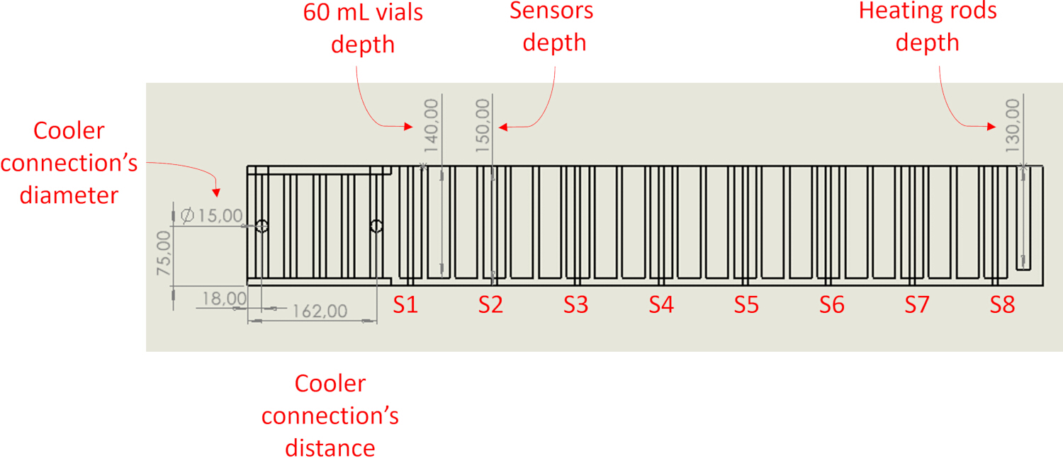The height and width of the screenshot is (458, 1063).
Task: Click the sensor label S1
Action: [405, 304]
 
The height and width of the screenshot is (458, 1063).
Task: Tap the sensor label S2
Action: [490, 304]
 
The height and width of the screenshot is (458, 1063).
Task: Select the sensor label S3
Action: [575, 304]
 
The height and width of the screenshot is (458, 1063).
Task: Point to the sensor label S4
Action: [661, 304]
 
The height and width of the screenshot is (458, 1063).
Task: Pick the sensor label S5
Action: [746, 304]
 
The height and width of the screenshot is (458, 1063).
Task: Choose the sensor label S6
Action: [831, 304]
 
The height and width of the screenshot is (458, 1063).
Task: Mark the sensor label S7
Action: [916, 304]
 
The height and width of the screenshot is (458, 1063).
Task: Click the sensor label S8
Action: [1002, 304]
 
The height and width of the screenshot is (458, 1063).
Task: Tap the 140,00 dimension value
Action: [431, 125]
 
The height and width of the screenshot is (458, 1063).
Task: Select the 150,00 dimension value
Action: [482, 125]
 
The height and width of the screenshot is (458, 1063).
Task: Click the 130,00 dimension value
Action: [1012, 125]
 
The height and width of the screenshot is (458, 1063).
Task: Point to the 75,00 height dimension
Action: [163, 253]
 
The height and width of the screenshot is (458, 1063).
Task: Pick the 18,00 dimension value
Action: [225, 299]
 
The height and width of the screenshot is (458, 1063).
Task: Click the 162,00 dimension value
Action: [320, 311]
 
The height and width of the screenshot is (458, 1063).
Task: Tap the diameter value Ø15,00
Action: [212, 216]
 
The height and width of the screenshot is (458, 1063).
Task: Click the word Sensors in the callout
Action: [551, 11]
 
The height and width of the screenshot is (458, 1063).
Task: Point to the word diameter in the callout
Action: [69, 195]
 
